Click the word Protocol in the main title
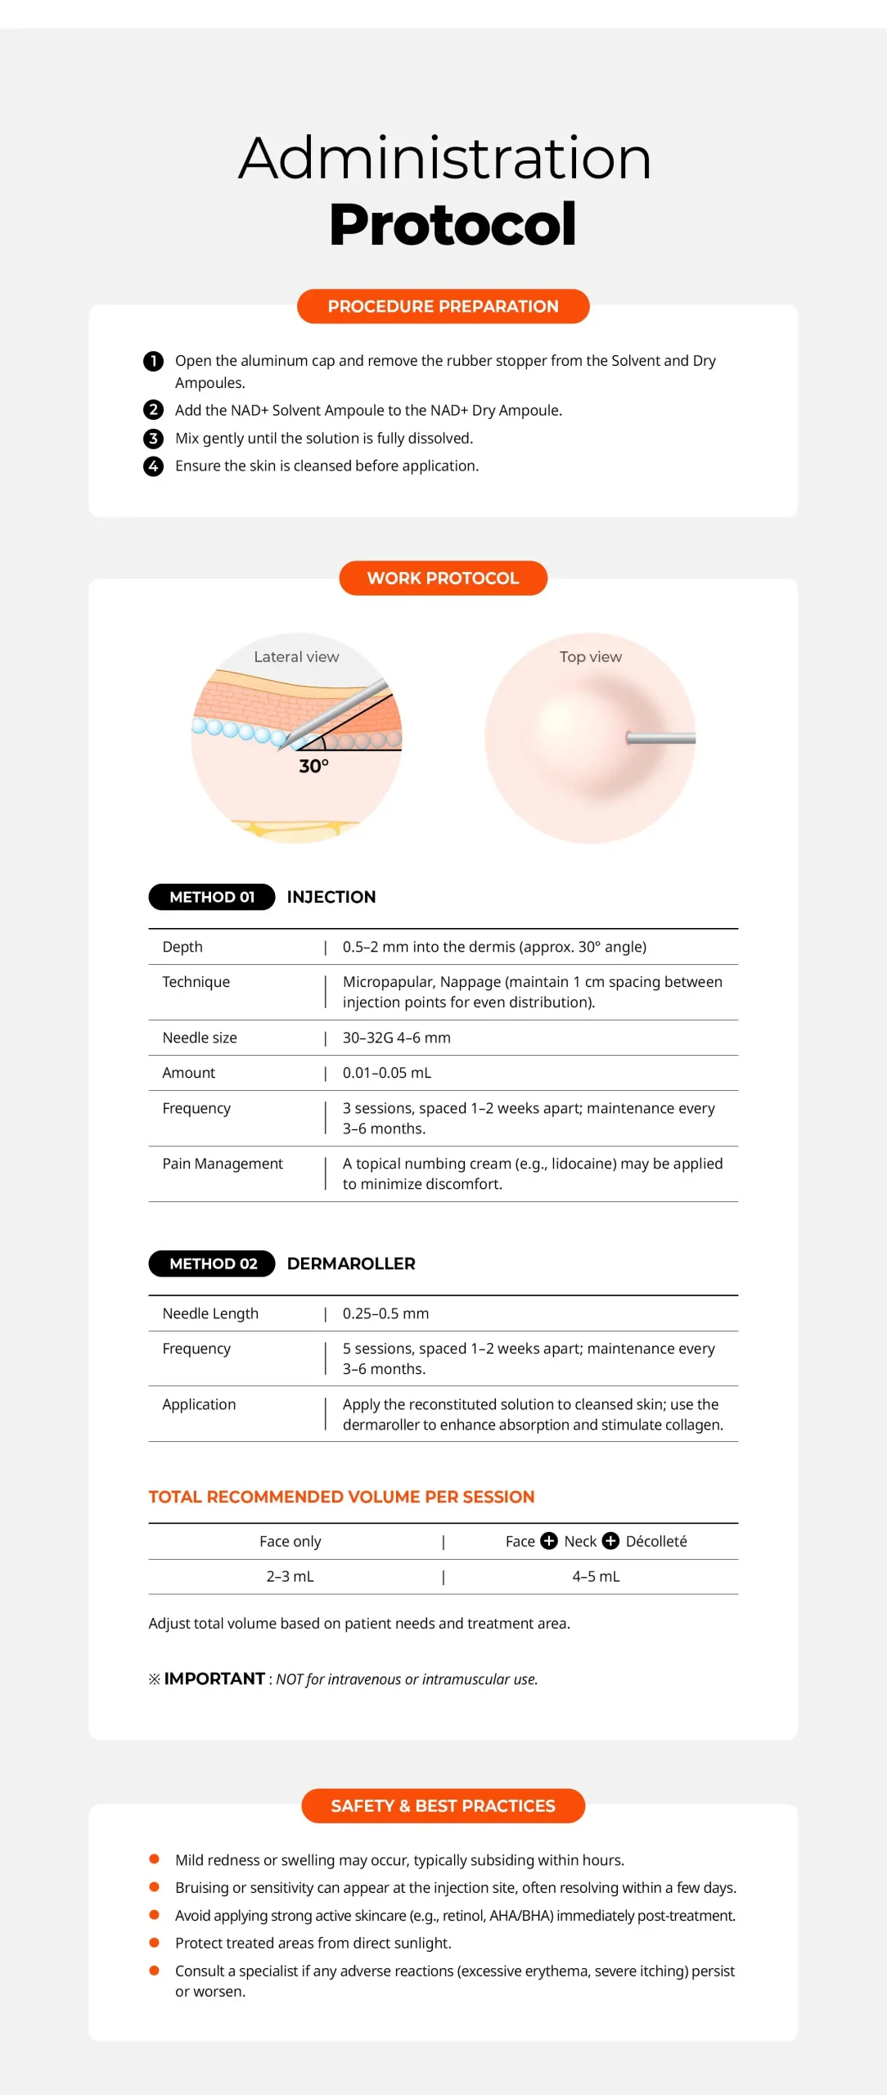click(x=453, y=224)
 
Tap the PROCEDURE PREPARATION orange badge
click(x=443, y=306)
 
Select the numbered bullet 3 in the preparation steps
click(x=153, y=439)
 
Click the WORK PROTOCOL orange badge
click(x=443, y=578)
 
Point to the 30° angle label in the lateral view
click(x=313, y=766)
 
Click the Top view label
click(x=590, y=656)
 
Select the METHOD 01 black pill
click(x=211, y=897)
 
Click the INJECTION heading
click(x=331, y=897)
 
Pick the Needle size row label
click(x=200, y=1038)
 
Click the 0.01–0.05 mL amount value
click(x=387, y=1073)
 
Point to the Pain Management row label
click(x=223, y=1164)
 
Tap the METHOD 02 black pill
click(x=212, y=1264)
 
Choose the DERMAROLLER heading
click(x=351, y=1264)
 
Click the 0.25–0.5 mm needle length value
click(x=385, y=1313)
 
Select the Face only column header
click(x=290, y=1542)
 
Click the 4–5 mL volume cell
click(x=596, y=1577)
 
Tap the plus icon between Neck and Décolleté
click(x=610, y=1541)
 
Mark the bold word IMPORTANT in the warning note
click(x=214, y=1679)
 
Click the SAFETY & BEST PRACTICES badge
click(x=443, y=1806)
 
